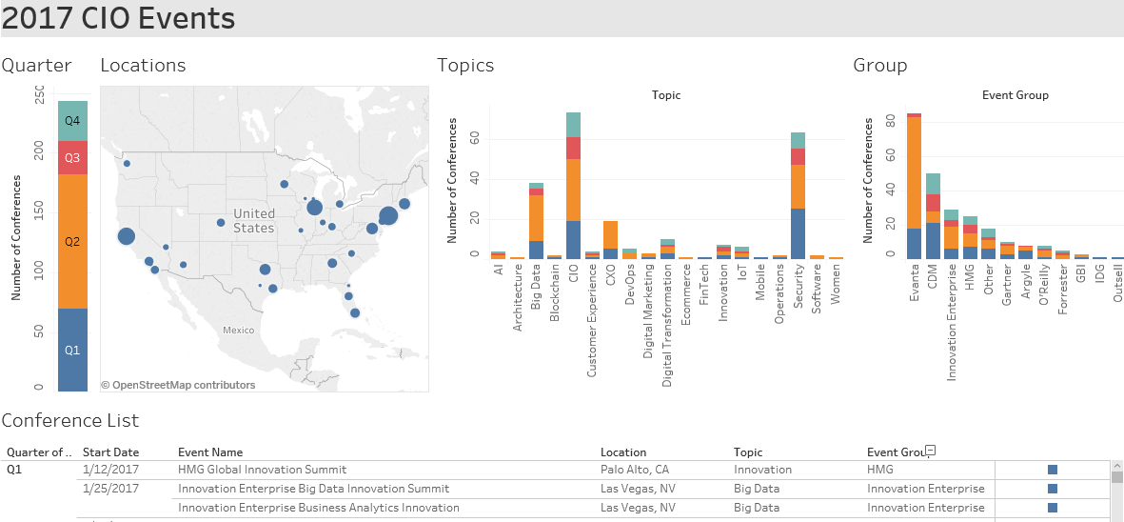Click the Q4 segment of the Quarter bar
(x=72, y=121)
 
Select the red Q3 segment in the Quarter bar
(x=72, y=157)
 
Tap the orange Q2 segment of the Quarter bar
(x=72, y=241)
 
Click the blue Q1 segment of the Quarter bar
(x=72, y=350)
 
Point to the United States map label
(x=253, y=221)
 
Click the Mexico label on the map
(x=238, y=330)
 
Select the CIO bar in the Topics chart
(x=573, y=186)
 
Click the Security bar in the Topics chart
(x=798, y=195)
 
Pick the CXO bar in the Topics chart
(x=611, y=239)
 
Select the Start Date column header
(x=110, y=452)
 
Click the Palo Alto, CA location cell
(x=634, y=470)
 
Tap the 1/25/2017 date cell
(x=110, y=489)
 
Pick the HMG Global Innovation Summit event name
(x=262, y=470)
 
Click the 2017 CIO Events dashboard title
(x=118, y=18)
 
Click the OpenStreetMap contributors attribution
(x=178, y=385)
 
